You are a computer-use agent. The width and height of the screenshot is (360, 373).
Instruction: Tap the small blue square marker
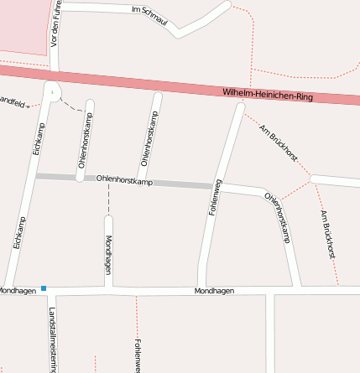click(x=44, y=288)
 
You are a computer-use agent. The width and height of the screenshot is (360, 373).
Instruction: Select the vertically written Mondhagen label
click(x=108, y=255)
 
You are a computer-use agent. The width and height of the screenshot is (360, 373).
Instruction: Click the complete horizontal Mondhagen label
click(x=214, y=291)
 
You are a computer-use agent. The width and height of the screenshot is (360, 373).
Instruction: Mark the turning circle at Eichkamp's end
click(x=53, y=90)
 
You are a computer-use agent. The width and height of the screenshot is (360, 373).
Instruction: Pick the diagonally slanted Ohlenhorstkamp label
click(x=277, y=217)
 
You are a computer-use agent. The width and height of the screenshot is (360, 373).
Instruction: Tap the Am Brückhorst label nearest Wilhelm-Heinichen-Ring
click(x=279, y=142)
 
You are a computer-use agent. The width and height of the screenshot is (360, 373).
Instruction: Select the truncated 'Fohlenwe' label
click(x=136, y=355)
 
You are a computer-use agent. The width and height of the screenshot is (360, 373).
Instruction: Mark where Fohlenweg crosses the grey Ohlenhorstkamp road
click(x=216, y=185)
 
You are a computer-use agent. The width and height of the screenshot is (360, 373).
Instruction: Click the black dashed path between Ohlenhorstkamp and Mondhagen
click(x=108, y=198)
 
